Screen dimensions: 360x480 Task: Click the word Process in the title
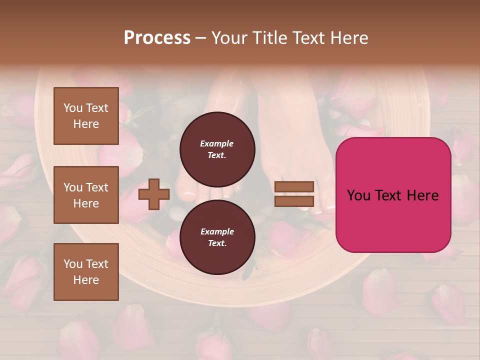tap(157, 38)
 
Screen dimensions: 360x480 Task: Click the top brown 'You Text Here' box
tap(86, 116)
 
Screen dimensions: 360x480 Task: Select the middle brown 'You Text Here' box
tap(86, 195)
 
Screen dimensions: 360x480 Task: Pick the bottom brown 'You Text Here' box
tap(86, 271)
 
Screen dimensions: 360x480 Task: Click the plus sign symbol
tap(153, 194)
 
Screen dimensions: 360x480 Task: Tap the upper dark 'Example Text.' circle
tap(217, 149)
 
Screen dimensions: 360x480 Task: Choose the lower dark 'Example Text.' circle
tap(217, 237)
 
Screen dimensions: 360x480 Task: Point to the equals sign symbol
tap(294, 194)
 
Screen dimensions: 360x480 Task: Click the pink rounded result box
tap(393, 194)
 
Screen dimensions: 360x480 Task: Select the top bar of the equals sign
tap(294, 187)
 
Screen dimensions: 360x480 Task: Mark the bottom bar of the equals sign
tap(294, 201)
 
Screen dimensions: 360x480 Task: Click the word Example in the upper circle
tap(217, 143)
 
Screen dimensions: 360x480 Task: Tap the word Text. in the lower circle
tap(217, 243)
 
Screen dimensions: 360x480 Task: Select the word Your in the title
tap(229, 38)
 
